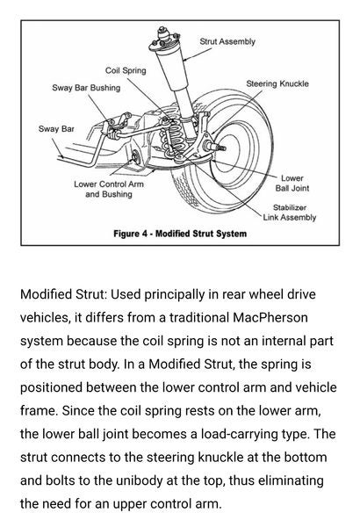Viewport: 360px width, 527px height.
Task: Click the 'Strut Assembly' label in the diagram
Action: tap(227, 41)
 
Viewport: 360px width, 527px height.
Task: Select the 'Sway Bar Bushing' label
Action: tap(85, 88)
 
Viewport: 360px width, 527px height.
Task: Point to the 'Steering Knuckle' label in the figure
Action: tap(277, 83)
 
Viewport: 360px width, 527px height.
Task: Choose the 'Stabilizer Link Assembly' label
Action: tap(289, 213)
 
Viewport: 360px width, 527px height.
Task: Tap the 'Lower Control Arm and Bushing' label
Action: tap(108, 189)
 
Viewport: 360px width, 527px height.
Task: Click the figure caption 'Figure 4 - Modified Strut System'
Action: tap(180, 234)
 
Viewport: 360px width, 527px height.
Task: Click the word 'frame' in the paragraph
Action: tap(37, 409)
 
